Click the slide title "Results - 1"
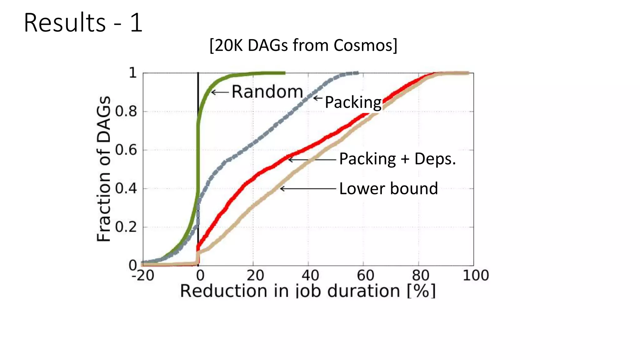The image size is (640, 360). click(83, 23)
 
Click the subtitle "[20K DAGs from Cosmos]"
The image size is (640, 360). click(303, 45)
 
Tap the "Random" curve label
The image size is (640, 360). click(267, 92)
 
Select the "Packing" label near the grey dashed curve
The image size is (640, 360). click(353, 102)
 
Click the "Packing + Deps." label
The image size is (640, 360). click(397, 159)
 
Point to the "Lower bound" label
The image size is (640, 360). click(388, 188)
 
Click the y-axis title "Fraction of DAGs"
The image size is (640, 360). click(104, 169)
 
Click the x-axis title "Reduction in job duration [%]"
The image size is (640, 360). click(308, 291)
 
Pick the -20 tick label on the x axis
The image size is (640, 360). click(143, 276)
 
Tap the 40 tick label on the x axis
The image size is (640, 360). click(310, 276)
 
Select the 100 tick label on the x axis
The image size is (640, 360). click(476, 276)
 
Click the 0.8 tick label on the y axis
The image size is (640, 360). click(126, 112)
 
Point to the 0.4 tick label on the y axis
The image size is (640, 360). click(126, 188)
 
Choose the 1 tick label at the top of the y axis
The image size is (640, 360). click(133, 73)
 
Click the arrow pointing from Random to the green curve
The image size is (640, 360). click(220, 92)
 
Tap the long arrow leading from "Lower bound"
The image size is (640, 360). click(308, 188)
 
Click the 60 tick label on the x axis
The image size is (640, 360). click(365, 276)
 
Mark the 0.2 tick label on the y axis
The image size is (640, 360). click(126, 227)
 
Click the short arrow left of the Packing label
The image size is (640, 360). click(318, 98)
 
